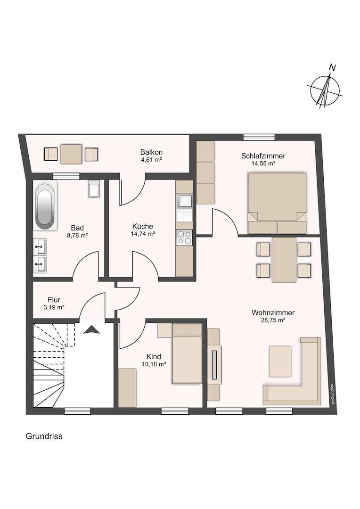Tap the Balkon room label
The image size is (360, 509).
tap(151, 152)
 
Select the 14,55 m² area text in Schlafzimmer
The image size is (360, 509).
tap(263, 164)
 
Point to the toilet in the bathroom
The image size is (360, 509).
tap(94, 189)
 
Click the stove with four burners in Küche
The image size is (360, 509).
tap(184, 237)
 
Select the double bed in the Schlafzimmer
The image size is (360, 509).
tap(277, 203)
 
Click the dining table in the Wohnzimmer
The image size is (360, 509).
tap(284, 260)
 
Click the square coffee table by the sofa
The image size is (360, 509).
tap(280, 361)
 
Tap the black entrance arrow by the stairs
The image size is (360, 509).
tap(92, 330)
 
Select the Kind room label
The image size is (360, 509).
tap(154, 356)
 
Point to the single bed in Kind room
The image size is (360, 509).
tap(187, 353)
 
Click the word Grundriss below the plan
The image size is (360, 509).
tap(44, 436)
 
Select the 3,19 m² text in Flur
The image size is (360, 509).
tap(54, 307)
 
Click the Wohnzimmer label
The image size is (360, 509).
tap(273, 312)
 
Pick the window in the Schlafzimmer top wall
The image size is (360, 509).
tap(259, 137)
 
